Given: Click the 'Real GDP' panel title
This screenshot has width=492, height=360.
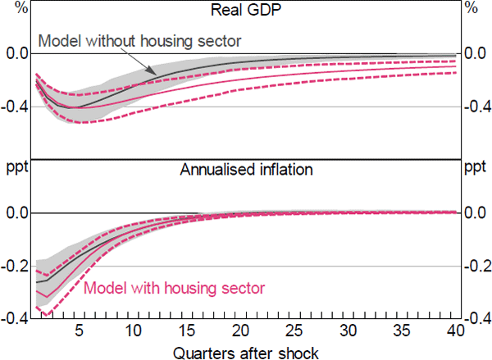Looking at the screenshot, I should point(246,11).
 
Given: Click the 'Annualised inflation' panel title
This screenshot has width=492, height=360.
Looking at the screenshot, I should point(246,172).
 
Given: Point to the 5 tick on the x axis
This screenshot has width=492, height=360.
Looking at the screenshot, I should point(79,330).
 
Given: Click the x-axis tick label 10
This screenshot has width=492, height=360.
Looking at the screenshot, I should point(133,330).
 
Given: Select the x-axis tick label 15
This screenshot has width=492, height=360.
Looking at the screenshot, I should point(187,330).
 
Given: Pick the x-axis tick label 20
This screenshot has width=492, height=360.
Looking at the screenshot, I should point(240,330).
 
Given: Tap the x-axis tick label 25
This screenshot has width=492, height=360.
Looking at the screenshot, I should point(294,330).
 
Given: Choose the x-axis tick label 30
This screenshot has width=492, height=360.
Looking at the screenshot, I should point(348,330).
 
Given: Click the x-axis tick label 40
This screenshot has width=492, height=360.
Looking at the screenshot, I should point(456,330).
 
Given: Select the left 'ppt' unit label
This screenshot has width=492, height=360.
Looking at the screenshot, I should point(16,170).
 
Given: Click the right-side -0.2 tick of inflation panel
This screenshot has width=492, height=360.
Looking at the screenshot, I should point(476,265).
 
